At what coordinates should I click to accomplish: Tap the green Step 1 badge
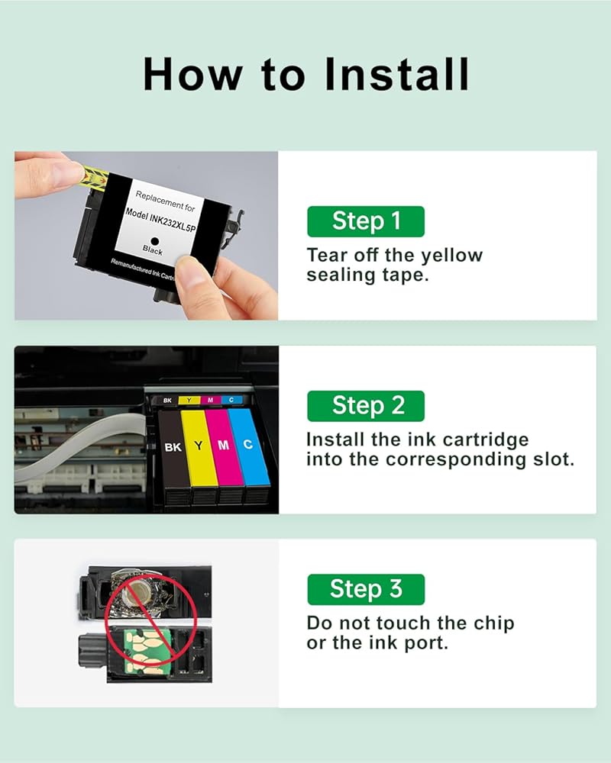[x=365, y=221]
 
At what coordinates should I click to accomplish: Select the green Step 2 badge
[x=365, y=406]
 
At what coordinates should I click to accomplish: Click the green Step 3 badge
[x=365, y=589]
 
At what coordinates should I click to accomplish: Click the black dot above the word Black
[x=155, y=241]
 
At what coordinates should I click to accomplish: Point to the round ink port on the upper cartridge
[x=137, y=592]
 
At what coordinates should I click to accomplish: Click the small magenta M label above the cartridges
[x=211, y=400]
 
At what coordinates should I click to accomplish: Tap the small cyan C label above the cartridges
[x=232, y=400]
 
